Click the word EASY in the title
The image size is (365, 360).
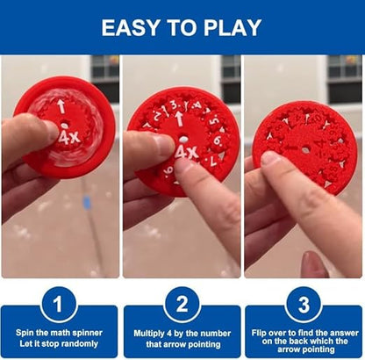click(x=131, y=28)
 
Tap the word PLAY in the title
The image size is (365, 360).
click(x=233, y=28)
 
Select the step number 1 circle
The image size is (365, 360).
click(x=59, y=305)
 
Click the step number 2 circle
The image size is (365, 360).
click(x=182, y=305)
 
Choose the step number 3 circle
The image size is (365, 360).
click(x=304, y=305)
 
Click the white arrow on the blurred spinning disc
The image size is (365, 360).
click(x=61, y=106)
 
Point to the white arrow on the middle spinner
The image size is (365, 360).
click(x=179, y=119)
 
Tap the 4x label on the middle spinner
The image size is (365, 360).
click(x=186, y=153)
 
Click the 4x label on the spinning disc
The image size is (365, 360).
click(x=69, y=137)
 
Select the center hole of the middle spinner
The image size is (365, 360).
click(x=183, y=139)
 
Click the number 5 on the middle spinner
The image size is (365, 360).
click(x=215, y=120)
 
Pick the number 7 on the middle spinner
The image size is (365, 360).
click(x=213, y=162)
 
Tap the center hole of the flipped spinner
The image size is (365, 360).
click(x=305, y=150)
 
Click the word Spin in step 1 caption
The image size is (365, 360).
click(x=24, y=333)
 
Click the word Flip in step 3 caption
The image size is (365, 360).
click(x=259, y=333)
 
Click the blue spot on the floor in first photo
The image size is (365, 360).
click(x=87, y=203)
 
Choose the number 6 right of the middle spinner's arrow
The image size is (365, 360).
click(x=218, y=140)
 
